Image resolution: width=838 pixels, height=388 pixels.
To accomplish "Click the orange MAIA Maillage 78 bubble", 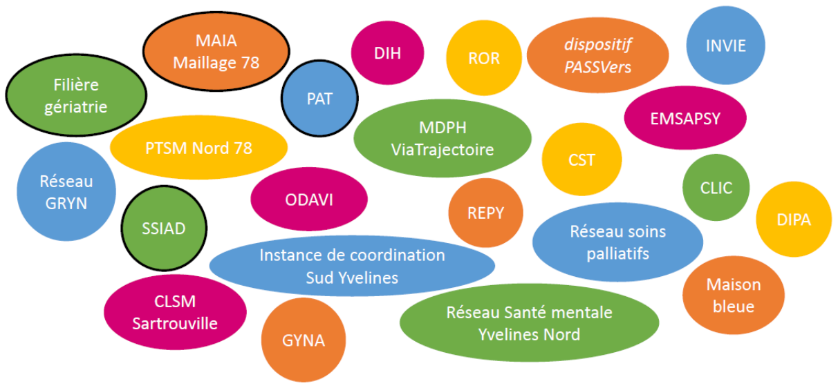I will [216, 51].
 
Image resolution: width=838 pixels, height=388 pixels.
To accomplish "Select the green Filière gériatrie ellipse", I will [76, 95].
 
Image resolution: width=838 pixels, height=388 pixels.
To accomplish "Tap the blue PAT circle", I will [319, 99].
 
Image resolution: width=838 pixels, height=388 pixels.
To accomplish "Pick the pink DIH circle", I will [387, 54].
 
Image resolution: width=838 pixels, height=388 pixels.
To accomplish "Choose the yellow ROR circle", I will [483, 58].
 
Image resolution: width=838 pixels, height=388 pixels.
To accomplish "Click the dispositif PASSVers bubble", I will [597, 56].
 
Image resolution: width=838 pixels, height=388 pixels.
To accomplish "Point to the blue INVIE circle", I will [725, 46].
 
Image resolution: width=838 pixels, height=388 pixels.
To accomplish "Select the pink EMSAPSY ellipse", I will [685, 118].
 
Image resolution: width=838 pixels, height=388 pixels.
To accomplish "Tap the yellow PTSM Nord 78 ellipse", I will [198, 148].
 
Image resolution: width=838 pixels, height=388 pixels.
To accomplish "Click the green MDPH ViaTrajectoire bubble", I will [443, 138].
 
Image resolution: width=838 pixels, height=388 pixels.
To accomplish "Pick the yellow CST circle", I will [581, 160].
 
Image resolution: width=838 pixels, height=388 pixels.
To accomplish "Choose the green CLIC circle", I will [716, 188].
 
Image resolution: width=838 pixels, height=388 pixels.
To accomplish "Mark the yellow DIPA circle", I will [793, 220].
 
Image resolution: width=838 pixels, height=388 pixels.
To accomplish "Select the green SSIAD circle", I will [164, 229].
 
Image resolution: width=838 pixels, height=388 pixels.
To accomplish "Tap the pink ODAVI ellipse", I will [308, 200].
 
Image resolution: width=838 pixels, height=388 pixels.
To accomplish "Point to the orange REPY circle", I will [485, 213].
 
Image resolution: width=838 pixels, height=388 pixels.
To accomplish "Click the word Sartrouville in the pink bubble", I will [175, 323].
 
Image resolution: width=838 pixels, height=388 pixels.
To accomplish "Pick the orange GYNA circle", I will [303, 340].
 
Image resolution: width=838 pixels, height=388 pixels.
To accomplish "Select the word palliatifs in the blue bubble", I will [617, 253].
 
